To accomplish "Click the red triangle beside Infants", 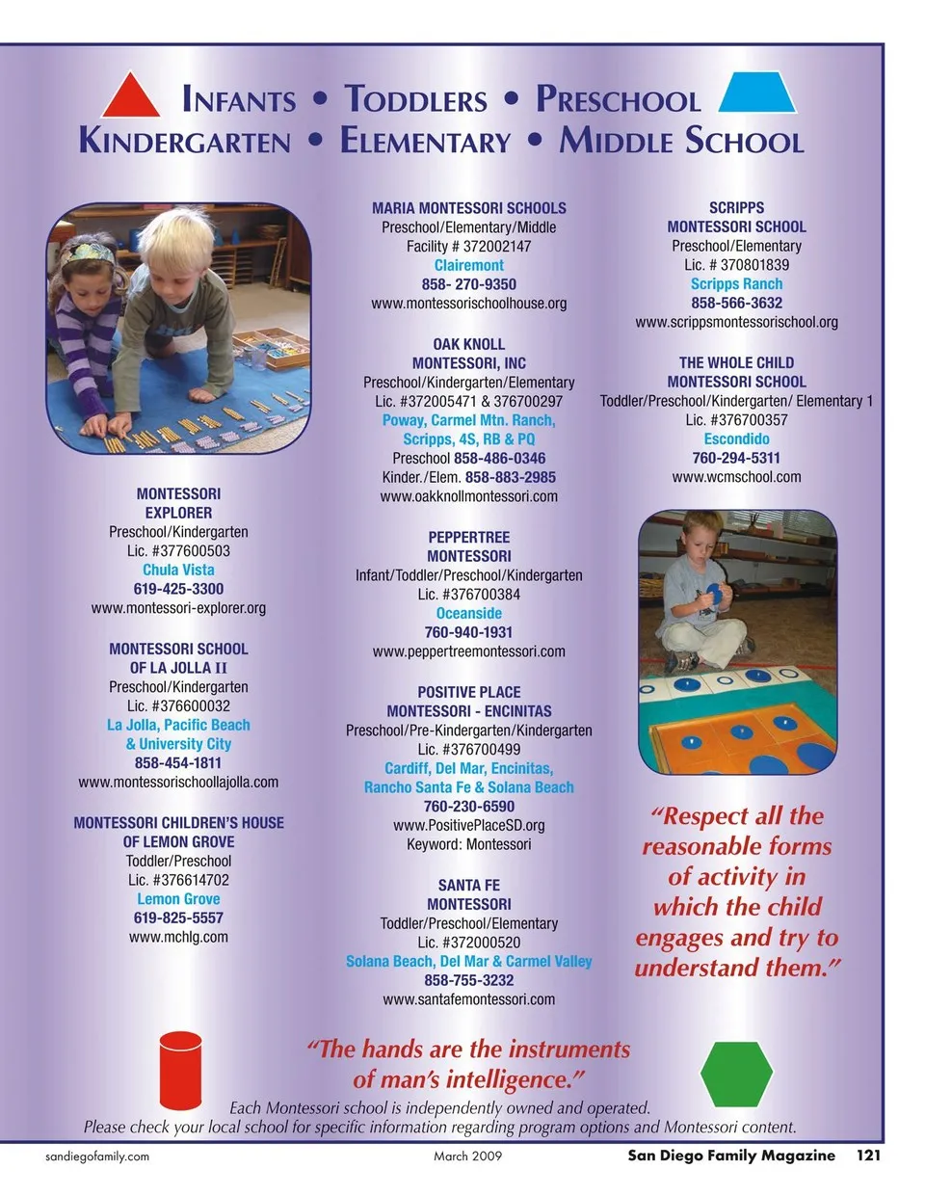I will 131,97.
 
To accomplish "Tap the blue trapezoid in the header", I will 757,93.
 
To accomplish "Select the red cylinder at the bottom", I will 180,1071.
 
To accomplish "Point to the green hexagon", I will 736,1074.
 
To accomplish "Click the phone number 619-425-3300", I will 178,589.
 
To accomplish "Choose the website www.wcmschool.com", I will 736,477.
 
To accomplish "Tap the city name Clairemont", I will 468,265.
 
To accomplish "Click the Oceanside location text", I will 468,613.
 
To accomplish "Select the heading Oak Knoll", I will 468,344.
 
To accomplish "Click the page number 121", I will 868,1155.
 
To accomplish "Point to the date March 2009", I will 467,1156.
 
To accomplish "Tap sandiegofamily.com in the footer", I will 97,1156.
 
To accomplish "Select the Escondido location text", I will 736,439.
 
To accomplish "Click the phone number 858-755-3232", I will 468,980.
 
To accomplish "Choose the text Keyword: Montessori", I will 468,844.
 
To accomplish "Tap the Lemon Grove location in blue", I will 178,899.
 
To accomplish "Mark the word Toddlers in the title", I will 416,100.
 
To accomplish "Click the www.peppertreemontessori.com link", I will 468,651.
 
